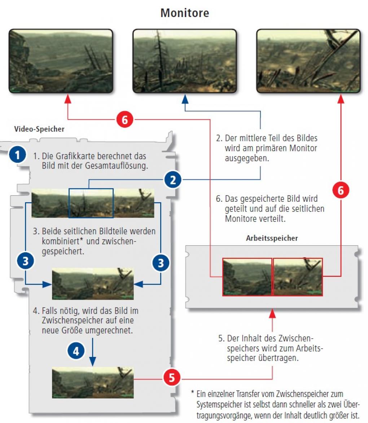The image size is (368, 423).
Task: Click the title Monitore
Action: [x=185, y=13]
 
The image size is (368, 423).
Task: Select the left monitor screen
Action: [x=61, y=61]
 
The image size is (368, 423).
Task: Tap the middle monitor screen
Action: [x=185, y=61]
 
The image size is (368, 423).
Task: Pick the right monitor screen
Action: [x=308, y=61]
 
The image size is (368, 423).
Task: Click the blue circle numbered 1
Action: [x=17, y=155]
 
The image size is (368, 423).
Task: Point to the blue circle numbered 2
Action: [x=173, y=180]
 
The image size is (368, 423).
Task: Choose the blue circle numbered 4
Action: [x=76, y=351]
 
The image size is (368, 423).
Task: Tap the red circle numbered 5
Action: [x=172, y=378]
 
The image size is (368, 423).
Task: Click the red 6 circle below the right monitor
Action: [x=341, y=190]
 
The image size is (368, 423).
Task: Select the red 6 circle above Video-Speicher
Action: [x=124, y=119]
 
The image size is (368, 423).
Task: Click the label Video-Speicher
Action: [x=39, y=129]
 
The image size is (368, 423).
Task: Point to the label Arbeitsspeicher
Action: [x=272, y=238]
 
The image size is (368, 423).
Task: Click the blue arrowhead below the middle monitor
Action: [x=185, y=99]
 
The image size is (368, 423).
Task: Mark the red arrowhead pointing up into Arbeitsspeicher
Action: [x=272, y=314]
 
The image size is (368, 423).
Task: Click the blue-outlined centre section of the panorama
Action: [x=91, y=203]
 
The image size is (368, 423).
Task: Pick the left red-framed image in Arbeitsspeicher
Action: [x=247, y=277]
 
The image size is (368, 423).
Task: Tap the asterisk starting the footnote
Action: [x=193, y=392]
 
